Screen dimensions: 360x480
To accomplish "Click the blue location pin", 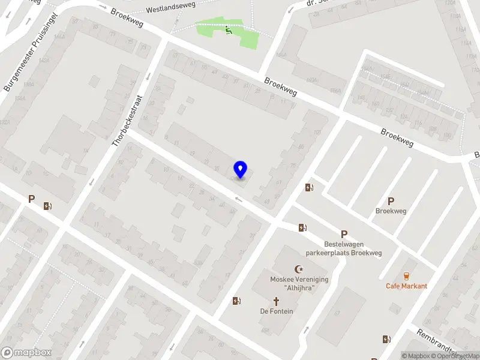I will (241, 170).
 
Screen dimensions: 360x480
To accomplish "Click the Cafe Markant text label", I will (406, 286).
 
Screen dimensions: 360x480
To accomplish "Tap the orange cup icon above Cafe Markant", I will (406, 277).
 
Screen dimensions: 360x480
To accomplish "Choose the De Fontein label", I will (277, 311).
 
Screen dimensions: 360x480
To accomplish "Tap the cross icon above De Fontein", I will (277, 301).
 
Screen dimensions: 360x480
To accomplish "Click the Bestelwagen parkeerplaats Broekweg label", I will (344, 249).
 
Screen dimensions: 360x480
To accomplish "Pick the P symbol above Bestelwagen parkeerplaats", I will (344, 235).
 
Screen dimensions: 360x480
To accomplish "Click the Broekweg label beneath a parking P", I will (391, 211).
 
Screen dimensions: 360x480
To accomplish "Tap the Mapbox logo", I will (26, 353).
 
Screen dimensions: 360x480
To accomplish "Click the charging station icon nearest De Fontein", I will (237, 301).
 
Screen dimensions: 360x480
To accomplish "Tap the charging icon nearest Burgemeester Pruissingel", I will (47, 206).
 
